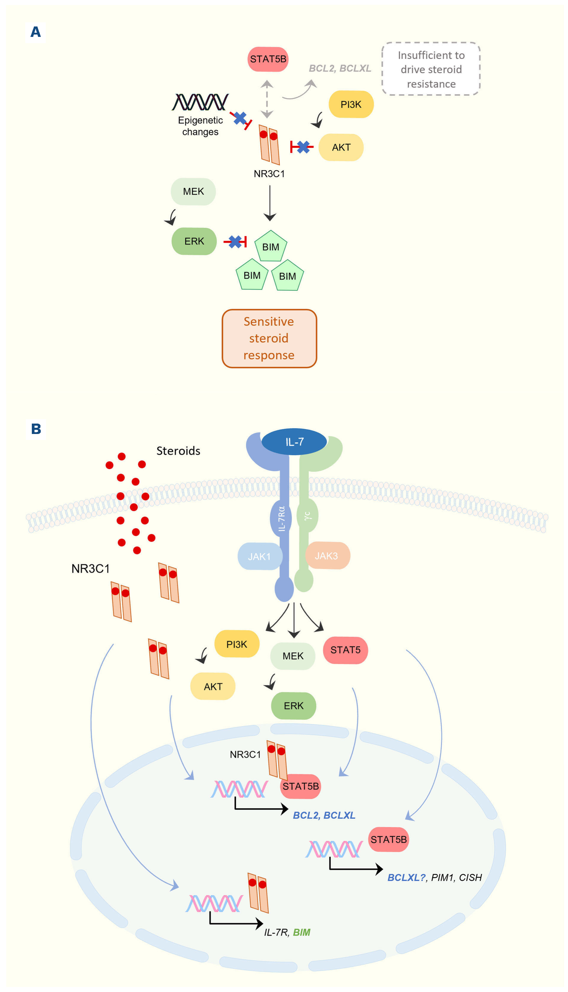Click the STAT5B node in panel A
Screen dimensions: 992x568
point(268,59)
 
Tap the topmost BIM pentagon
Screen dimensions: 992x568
point(271,246)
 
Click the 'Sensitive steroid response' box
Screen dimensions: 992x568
point(269,338)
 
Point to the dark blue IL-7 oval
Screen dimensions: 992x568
point(294,442)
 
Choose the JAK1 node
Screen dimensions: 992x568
point(259,556)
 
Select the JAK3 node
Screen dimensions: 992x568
point(327,555)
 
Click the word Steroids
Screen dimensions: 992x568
point(178,451)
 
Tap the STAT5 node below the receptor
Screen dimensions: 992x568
point(345,650)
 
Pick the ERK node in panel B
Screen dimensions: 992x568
point(293,706)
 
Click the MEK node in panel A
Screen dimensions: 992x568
point(194,192)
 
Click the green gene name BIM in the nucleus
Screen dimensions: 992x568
point(302,932)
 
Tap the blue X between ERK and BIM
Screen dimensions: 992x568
point(235,242)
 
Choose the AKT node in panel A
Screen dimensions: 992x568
point(341,148)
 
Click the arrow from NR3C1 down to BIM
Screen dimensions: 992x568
point(269,203)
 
